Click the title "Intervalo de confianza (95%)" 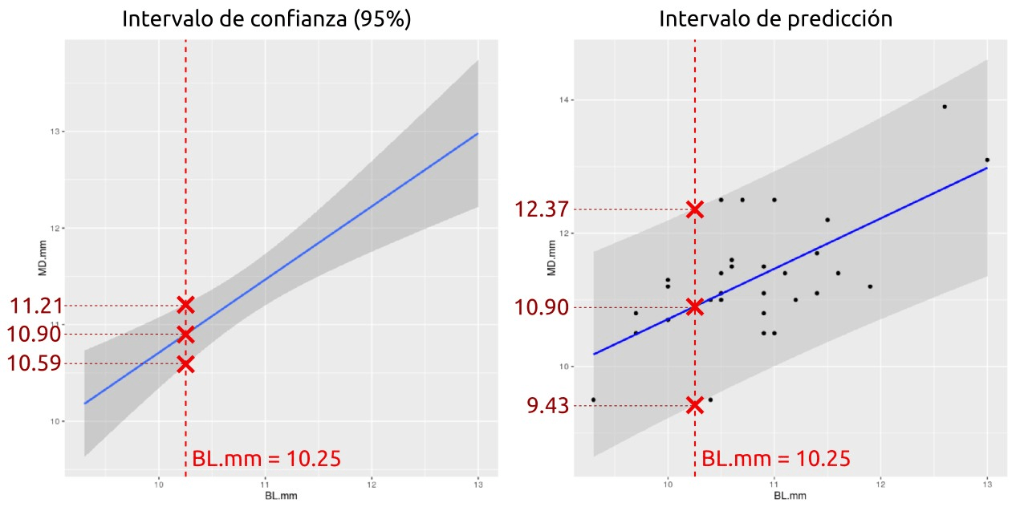pyautogui.click(x=266, y=19)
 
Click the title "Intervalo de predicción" pyautogui.click(x=775, y=19)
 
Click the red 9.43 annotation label pyautogui.click(x=547, y=406)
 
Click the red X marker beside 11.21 pyautogui.click(x=185, y=305)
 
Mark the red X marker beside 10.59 pyautogui.click(x=185, y=364)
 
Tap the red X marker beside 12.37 pyautogui.click(x=695, y=209)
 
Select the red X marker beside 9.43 pyautogui.click(x=695, y=405)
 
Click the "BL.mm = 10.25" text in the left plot pyautogui.click(x=266, y=460)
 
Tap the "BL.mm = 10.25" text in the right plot pyautogui.click(x=775, y=460)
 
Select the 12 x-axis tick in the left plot pyautogui.click(x=372, y=485)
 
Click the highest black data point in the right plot pyautogui.click(x=945, y=107)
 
